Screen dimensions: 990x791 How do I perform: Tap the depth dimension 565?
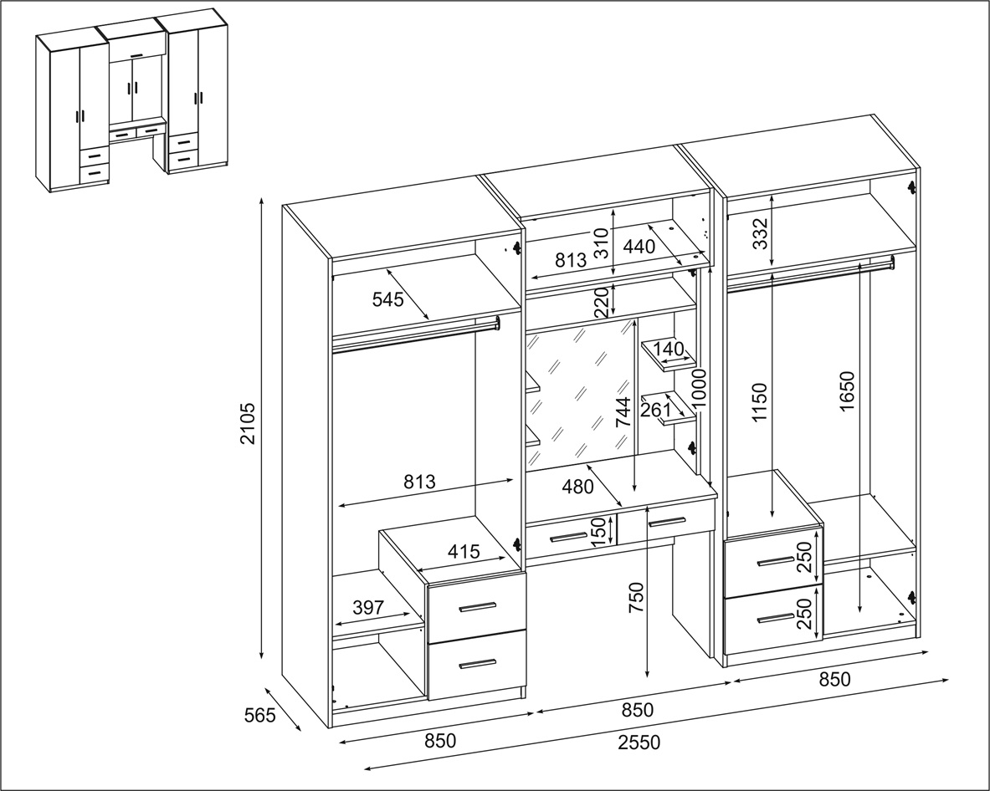[260, 715]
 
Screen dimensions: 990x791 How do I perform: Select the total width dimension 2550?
[639, 743]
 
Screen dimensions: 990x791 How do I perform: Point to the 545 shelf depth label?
[387, 299]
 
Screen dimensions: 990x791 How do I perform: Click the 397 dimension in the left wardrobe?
[368, 607]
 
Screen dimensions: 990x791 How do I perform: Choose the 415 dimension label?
[464, 551]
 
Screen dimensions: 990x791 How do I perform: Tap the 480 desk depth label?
[577, 487]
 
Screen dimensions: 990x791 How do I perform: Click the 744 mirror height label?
[623, 412]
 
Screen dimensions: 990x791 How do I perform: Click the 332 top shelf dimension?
[762, 233]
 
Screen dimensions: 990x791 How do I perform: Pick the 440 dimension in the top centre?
[639, 247]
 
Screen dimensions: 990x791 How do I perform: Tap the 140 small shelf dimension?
[668, 349]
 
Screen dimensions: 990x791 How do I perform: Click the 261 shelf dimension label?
[655, 410]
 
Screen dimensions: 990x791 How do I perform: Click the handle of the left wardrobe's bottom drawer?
[477, 663]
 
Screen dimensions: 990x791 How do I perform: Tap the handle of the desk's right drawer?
[666, 521]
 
